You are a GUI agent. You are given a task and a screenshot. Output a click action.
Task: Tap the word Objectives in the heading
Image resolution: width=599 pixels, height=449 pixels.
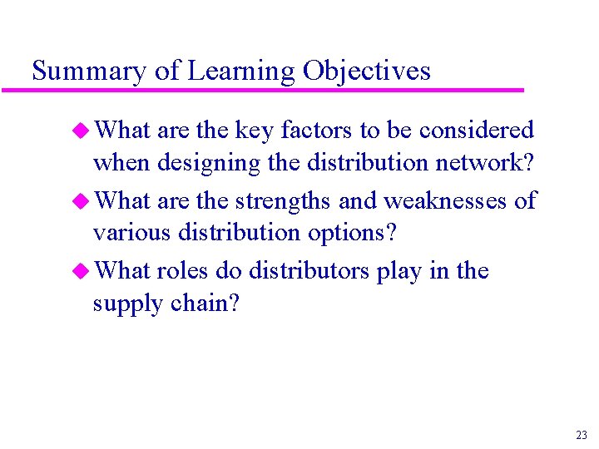pos(367,72)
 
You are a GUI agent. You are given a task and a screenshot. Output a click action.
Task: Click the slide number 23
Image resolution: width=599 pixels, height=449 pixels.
pos(581,435)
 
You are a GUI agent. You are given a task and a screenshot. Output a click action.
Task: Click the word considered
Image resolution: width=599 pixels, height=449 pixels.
pos(477,131)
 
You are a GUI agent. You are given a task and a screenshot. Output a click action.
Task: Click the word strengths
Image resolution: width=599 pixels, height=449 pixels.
pos(284,201)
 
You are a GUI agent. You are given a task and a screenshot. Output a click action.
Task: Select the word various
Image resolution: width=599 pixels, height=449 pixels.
pos(131,234)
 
